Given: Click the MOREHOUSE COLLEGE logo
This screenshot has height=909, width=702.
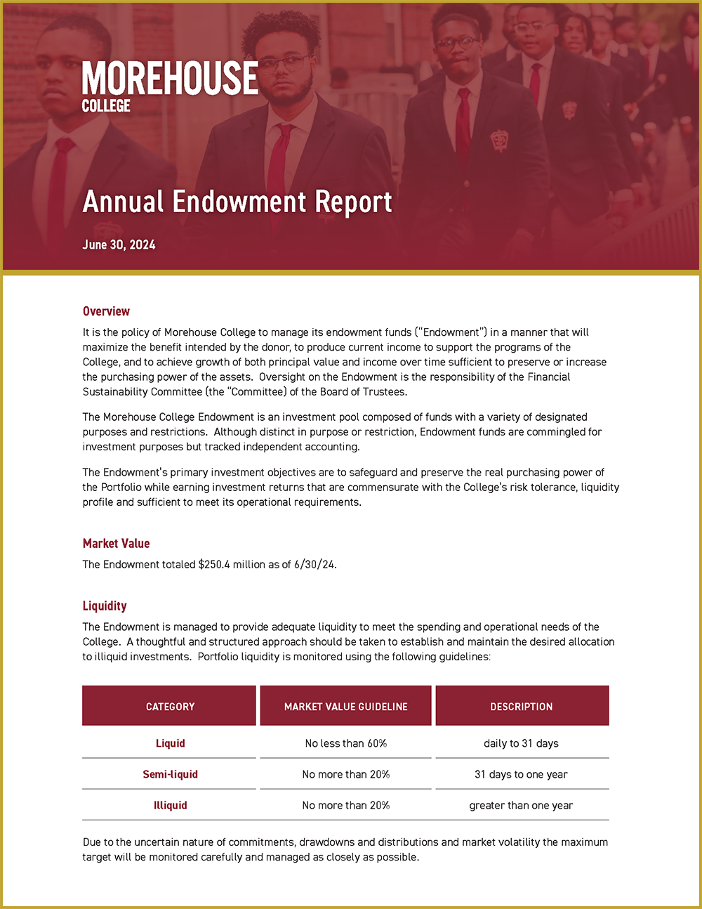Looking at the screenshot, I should pos(170,86).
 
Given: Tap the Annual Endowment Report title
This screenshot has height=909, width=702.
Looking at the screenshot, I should pos(237,202).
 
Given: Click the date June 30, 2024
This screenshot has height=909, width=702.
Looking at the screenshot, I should pos(119,244).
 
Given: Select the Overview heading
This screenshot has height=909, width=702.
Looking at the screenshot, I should pos(106,311).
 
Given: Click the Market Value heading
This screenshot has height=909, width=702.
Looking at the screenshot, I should pos(116,543).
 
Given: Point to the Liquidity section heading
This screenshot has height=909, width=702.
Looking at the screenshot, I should pos(105,606).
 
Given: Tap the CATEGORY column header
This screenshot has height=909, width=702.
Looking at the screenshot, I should pos(170,707).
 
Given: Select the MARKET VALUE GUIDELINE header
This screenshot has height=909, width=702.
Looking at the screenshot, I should pos(345,707).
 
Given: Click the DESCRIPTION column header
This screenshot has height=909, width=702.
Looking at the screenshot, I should pos(522,707).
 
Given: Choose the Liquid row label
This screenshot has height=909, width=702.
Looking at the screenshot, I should pos(170,743).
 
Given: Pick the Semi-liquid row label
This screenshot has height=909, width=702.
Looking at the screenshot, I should pos(170,774).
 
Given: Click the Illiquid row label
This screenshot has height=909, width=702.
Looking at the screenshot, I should pos(170,805).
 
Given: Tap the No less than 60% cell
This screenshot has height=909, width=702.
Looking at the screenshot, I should pos(345,743).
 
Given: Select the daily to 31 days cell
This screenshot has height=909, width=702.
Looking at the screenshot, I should pos(521,743).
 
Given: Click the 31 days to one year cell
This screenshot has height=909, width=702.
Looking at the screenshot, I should pos(521,774).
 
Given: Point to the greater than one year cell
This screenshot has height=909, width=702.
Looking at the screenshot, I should pos(521,805).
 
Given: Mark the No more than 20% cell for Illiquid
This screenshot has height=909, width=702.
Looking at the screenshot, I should pos(345,805).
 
